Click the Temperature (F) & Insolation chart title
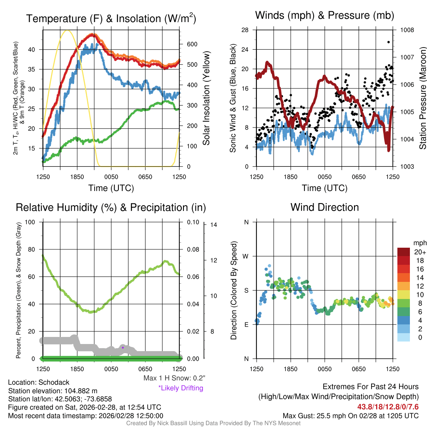[x=111, y=19]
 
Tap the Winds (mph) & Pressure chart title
[x=324, y=15]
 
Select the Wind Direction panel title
[x=324, y=207]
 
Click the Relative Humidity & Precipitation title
[x=111, y=207]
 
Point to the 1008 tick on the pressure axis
[x=407, y=30]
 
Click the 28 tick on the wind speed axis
[x=245, y=30]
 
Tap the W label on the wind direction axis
[x=246, y=256]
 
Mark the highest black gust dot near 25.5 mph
[x=389, y=42]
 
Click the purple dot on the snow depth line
[x=123, y=347]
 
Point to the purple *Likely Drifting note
[x=181, y=388]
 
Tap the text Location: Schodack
[x=39, y=382]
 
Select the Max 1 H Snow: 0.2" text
[x=174, y=378]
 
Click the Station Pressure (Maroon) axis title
[x=422, y=98]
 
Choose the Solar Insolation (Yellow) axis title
[x=206, y=98]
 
